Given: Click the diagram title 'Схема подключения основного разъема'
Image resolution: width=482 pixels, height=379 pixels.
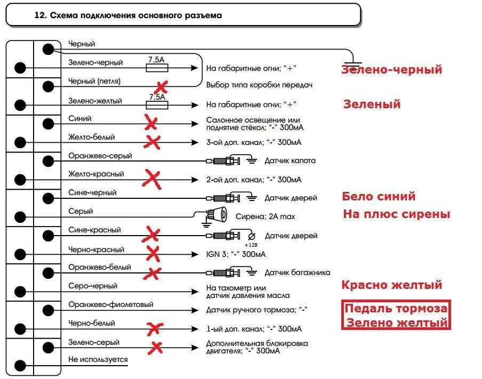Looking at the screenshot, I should click(x=135, y=15).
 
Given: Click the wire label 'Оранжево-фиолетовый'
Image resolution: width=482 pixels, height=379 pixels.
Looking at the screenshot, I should click(x=111, y=304).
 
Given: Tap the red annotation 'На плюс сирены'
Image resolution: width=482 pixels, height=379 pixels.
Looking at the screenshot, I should click(x=397, y=214).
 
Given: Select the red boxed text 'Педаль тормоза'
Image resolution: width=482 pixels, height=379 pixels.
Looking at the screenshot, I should click(x=396, y=309).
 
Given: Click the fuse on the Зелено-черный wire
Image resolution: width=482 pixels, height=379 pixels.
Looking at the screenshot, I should click(x=157, y=68).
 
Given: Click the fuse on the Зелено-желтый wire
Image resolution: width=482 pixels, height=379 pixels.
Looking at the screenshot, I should click(x=157, y=105).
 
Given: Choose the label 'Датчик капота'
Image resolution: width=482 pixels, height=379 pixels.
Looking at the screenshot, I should click(x=290, y=160).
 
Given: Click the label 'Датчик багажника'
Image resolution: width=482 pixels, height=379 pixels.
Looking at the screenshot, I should click(x=297, y=273).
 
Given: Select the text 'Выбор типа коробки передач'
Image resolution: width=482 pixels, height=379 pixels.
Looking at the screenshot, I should click(x=259, y=85).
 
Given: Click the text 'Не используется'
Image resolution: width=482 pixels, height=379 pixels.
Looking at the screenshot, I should click(x=98, y=359).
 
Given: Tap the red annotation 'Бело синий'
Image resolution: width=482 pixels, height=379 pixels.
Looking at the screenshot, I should click(x=379, y=196).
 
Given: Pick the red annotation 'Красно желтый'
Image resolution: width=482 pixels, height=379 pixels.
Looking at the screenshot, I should click(x=392, y=285).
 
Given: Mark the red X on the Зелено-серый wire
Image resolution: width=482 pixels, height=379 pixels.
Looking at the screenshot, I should click(x=156, y=348).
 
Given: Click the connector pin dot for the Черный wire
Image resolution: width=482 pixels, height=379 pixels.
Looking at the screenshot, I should click(x=49, y=49).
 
